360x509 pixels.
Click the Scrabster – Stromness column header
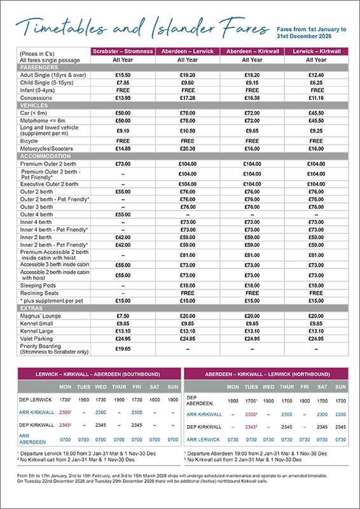[x=123, y=51]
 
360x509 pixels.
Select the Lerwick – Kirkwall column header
[x=315, y=51]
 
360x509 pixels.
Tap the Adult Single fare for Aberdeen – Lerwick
[x=187, y=74]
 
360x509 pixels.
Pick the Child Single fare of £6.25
[x=315, y=82]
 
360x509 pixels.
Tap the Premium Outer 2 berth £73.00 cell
[x=123, y=164]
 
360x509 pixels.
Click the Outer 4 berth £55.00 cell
[x=123, y=214]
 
